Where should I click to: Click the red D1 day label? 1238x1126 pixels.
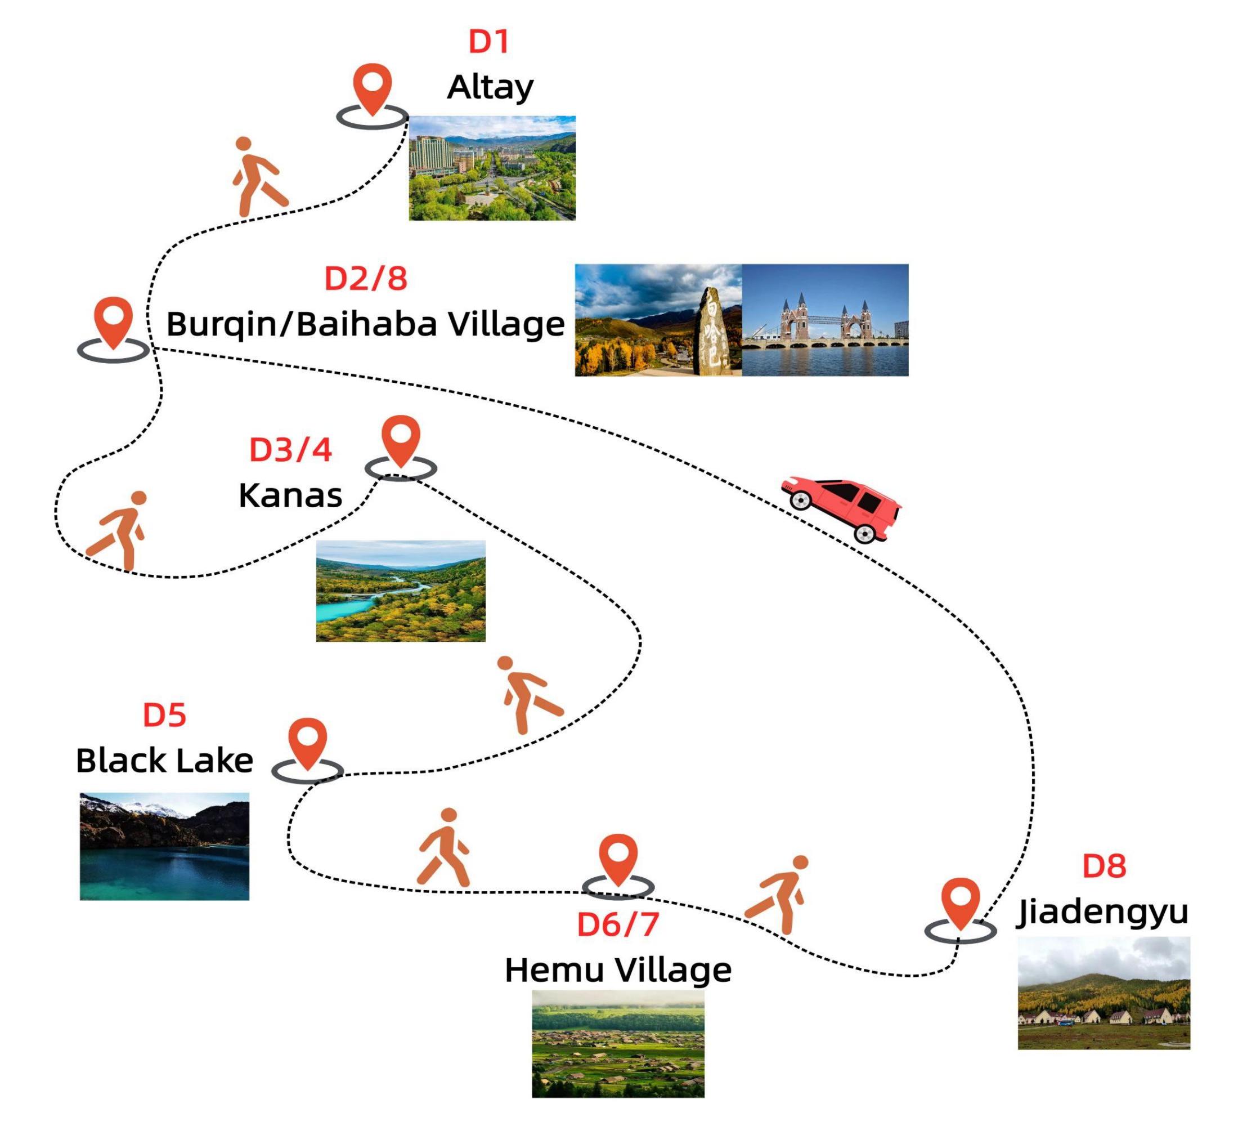click(489, 42)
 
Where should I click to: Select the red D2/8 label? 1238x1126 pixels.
click(365, 278)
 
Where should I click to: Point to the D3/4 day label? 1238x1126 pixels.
click(290, 450)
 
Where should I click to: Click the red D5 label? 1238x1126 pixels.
click(164, 715)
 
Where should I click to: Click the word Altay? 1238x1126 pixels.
click(490, 87)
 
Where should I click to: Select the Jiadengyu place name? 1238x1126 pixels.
click(1102, 913)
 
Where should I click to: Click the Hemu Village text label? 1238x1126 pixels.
click(618, 971)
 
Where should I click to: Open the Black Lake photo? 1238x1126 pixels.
click(164, 847)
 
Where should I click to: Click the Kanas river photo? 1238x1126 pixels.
click(401, 591)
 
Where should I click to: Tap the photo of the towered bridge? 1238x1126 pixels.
click(825, 320)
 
